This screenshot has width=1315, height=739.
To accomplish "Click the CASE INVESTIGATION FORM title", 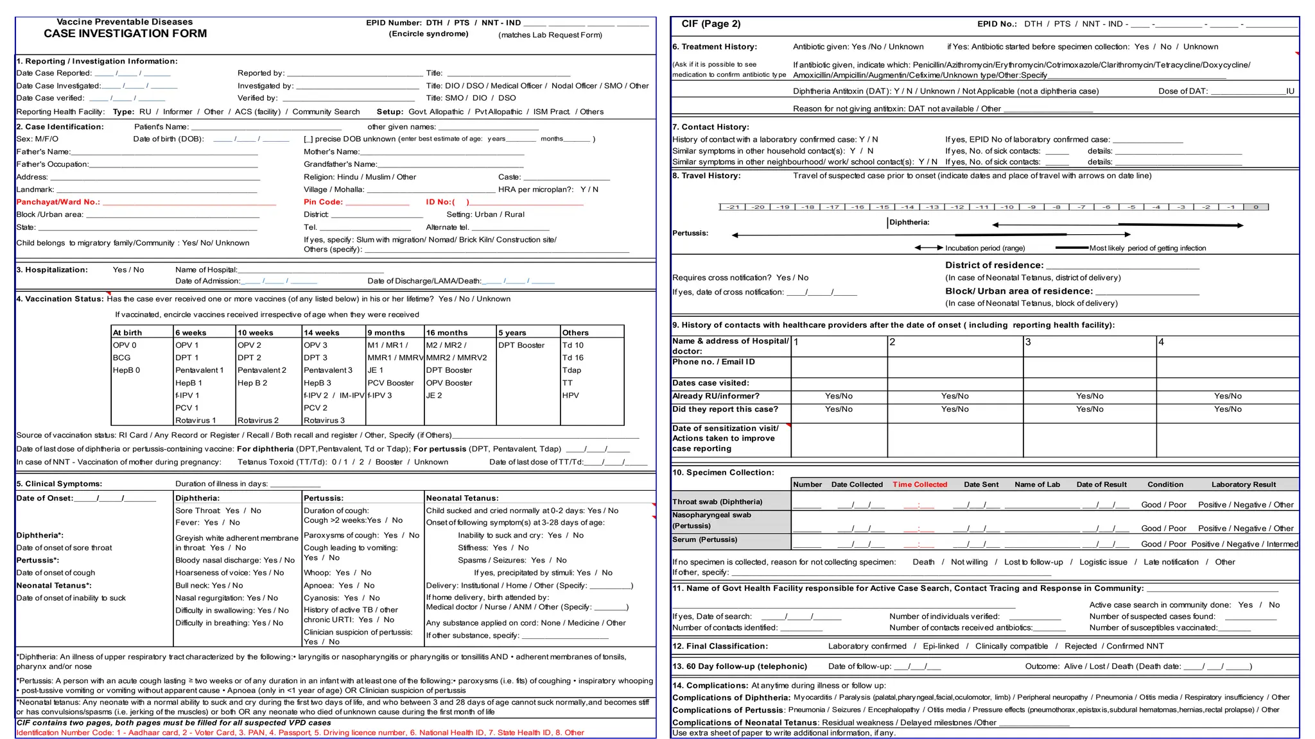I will (125, 33).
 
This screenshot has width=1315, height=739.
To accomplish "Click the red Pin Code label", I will (323, 202).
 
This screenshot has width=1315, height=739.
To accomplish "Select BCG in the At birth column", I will (121, 358).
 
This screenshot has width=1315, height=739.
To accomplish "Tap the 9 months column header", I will (386, 333).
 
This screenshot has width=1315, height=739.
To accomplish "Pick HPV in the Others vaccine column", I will (570, 396).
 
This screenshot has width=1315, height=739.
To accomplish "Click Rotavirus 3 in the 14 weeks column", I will (324, 421).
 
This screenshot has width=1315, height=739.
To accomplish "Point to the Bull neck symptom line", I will (209, 586).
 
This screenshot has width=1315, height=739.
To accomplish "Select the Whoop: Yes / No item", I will (337, 573).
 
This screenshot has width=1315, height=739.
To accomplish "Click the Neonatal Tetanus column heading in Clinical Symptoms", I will (462, 498).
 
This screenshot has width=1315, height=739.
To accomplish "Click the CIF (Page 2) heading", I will (711, 24).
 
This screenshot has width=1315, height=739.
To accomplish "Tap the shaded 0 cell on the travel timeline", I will (1255, 207).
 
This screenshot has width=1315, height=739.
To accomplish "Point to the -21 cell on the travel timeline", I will (732, 207).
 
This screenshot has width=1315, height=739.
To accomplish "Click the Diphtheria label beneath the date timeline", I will (909, 223).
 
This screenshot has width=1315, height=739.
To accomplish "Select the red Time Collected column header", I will (919, 485).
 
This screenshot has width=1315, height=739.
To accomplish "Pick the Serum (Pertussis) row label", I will (704, 540).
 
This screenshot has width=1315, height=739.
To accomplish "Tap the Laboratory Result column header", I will (1243, 485).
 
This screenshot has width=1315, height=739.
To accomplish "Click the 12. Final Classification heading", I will (719, 647).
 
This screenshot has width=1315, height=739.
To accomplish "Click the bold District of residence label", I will (993, 266).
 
